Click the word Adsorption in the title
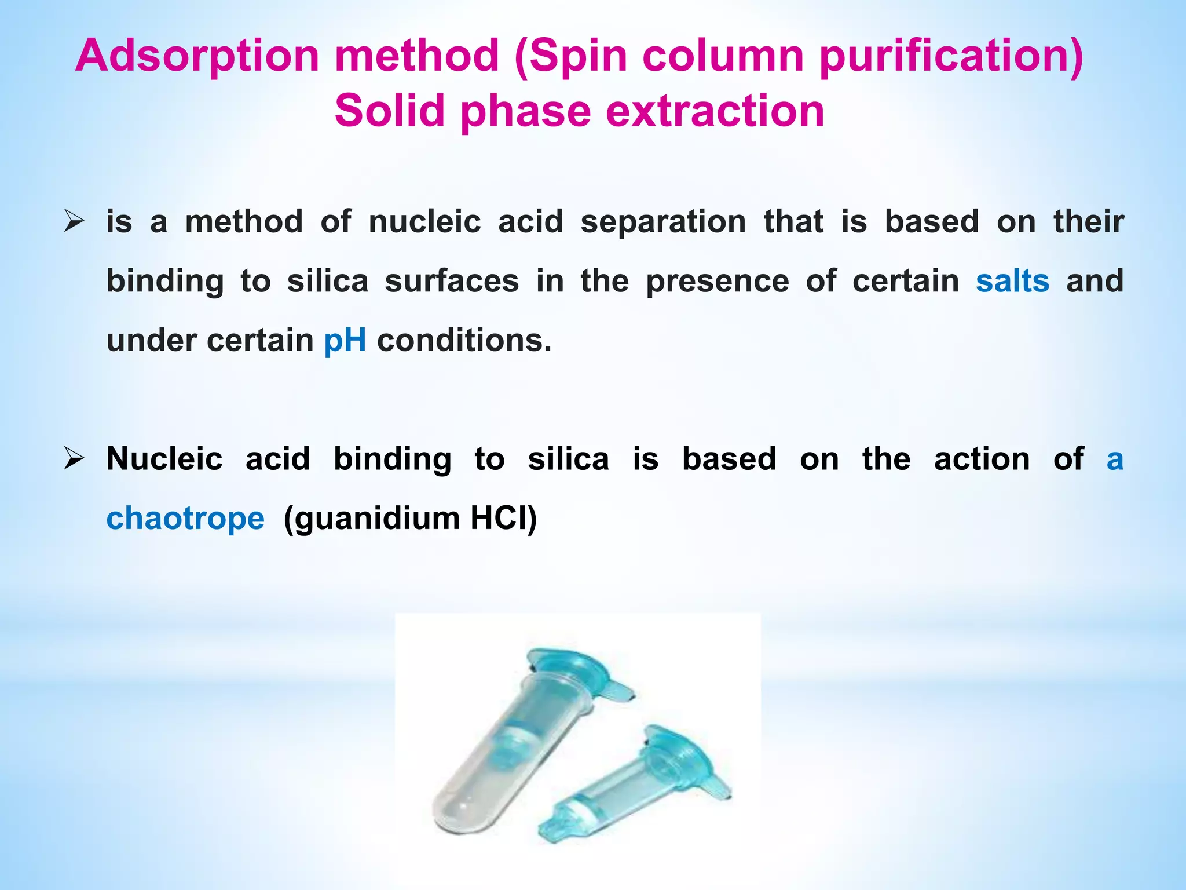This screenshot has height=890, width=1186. tap(197, 56)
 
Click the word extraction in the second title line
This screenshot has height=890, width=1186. tap(715, 111)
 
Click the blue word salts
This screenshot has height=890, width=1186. tap(1012, 281)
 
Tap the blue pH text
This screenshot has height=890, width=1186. tap(345, 340)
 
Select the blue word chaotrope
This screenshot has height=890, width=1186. tap(185, 518)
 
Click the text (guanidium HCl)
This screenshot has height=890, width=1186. tap(410, 518)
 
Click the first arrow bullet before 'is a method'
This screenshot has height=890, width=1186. tap(74, 222)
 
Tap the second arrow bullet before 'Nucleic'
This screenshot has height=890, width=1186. tap(74, 459)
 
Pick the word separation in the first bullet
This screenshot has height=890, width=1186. tap(663, 222)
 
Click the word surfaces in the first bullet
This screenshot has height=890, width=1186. tap(452, 281)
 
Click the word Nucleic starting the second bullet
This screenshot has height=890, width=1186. tap(164, 459)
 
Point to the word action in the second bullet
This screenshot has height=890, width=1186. tap(982, 459)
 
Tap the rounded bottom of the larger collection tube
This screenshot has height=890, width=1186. tap(457, 811)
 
